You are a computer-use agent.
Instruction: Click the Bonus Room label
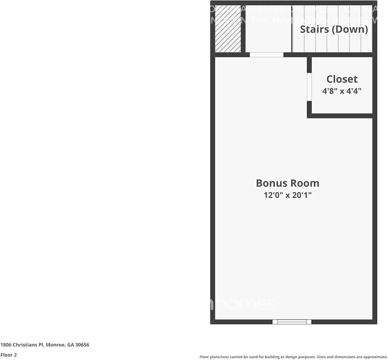pyautogui.click(x=287, y=183)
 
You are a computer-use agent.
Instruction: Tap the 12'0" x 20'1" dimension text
pyautogui.click(x=287, y=195)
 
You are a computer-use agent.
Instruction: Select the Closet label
pyautogui.click(x=342, y=79)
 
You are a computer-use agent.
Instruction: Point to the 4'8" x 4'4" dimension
pyautogui.click(x=342, y=91)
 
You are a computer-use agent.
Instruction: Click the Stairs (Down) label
pyautogui.click(x=334, y=29)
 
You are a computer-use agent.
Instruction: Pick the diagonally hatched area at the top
pyautogui.click(x=228, y=28)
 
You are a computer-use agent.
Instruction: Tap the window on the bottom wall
pyautogui.click(x=292, y=322)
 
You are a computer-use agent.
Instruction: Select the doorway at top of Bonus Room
pyautogui.click(x=266, y=55)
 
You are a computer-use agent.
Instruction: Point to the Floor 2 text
pyautogui.click(x=8, y=355)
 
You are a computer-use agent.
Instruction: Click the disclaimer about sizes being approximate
pyautogui.click(x=293, y=357)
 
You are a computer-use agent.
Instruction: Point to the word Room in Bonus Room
pyautogui.click(x=304, y=183)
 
